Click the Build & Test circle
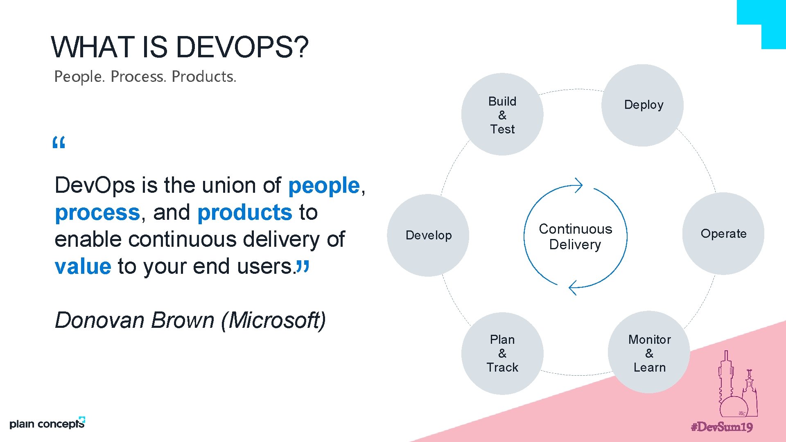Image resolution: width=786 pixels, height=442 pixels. pyautogui.click(x=502, y=115)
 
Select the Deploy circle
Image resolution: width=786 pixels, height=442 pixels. pyautogui.click(x=643, y=105)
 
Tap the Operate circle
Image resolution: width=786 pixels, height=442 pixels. pyautogui.click(x=723, y=234)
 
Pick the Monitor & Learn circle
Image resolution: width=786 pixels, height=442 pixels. pyautogui.click(x=649, y=353)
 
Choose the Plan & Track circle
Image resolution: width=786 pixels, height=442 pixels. pyautogui.click(x=502, y=354)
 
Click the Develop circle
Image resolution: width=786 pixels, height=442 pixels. pyautogui.click(x=428, y=235)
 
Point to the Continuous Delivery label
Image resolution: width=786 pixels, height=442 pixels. pyautogui.click(x=575, y=237)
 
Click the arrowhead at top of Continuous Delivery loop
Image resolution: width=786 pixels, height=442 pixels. pyautogui.click(x=578, y=185)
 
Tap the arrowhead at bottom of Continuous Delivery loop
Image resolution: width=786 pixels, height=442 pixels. pyautogui.click(x=573, y=287)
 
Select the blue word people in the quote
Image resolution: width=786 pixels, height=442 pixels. pyautogui.click(x=324, y=185)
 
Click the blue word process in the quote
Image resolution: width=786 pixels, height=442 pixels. pyautogui.click(x=97, y=212)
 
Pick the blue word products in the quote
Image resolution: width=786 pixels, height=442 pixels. pyautogui.click(x=244, y=212)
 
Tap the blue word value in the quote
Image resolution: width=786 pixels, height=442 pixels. pyautogui.click(x=83, y=266)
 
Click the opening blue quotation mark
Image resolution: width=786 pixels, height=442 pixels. pyautogui.click(x=59, y=143)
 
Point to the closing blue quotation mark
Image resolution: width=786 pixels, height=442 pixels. pyautogui.click(x=303, y=266)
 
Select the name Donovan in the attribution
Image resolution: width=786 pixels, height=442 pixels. pyautogui.click(x=99, y=320)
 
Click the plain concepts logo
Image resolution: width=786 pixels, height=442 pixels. pyautogui.click(x=47, y=424)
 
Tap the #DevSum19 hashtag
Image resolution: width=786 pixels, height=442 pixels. pyautogui.click(x=722, y=427)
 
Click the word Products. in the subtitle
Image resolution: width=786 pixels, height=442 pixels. pyautogui.click(x=204, y=77)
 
